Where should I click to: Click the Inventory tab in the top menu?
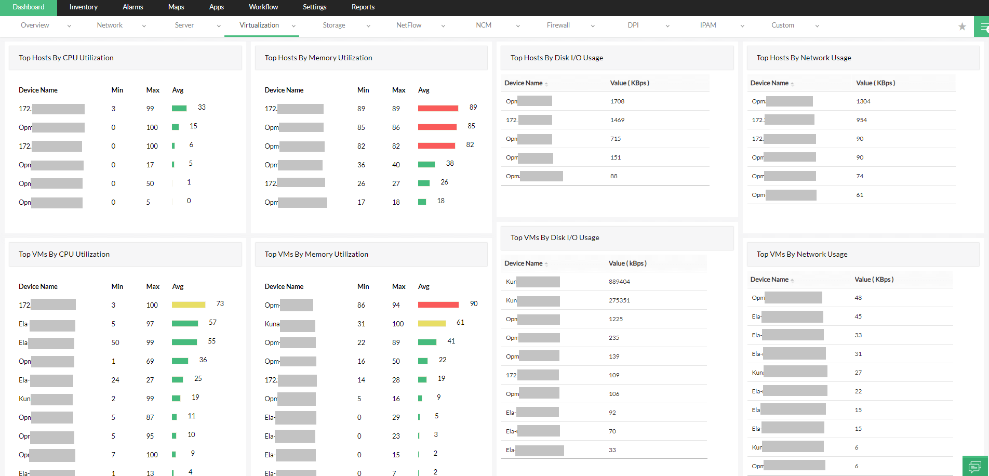(x=83, y=7)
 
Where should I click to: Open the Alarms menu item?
(x=132, y=7)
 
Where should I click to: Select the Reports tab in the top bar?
(x=363, y=7)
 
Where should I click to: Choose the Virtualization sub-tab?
(x=259, y=25)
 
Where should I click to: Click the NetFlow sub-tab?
(x=409, y=25)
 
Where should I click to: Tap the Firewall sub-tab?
(x=558, y=25)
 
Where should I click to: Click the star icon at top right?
(x=962, y=27)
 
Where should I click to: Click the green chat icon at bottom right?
(x=975, y=466)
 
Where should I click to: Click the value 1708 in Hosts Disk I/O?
(x=617, y=101)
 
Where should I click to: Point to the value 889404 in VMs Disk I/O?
(x=619, y=282)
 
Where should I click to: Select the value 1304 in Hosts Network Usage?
(x=863, y=101)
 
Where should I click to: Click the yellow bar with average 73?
(x=189, y=305)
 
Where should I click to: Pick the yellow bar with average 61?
(x=432, y=323)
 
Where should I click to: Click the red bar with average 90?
(x=438, y=305)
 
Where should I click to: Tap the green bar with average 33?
(x=179, y=108)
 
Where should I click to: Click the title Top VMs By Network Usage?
(x=801, y=254)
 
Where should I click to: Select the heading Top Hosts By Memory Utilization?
(x=318, y=58)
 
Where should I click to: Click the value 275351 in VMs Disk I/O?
(x=619, y=300)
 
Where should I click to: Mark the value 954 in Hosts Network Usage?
(x=861, y=120)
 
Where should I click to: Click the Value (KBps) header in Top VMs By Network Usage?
(x=874, y=280)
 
